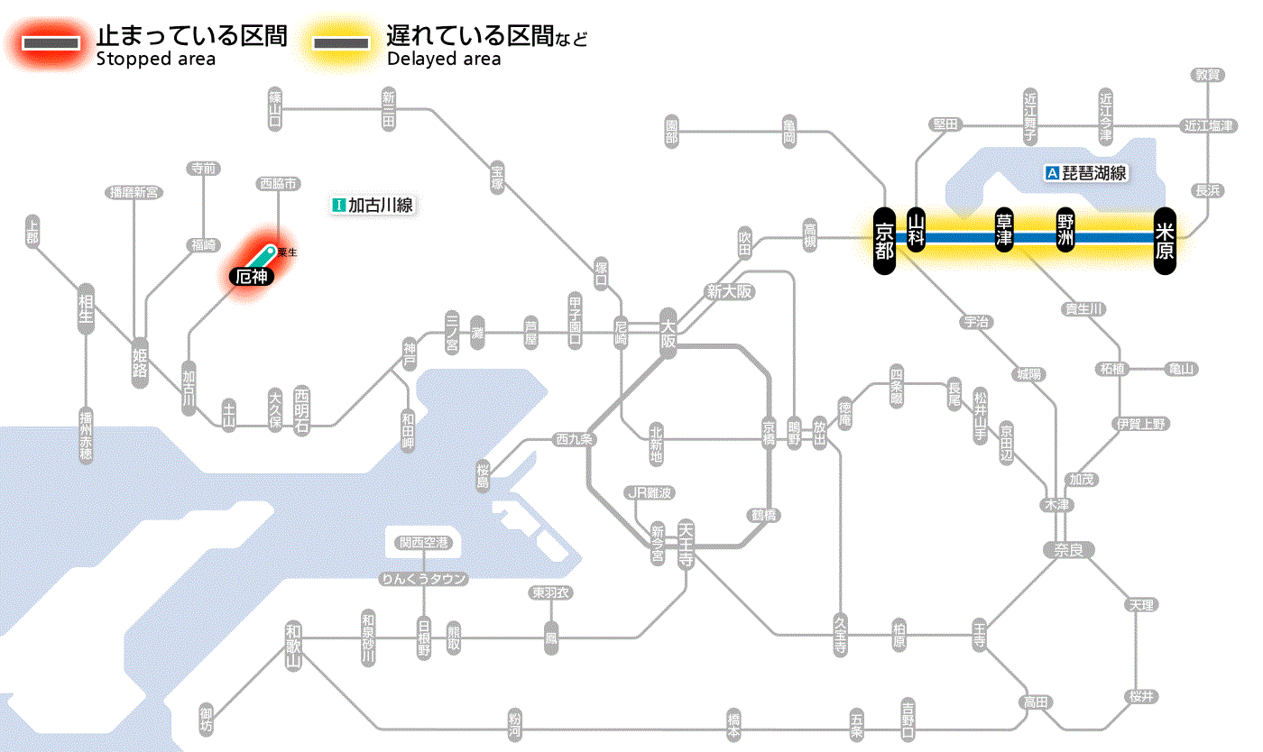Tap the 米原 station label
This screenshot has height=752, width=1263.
[x=1165, y=238]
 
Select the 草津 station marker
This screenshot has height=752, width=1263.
[x=1004, y=232]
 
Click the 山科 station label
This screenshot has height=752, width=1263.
[x=917, y=232]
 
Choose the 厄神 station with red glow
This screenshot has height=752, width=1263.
[x=251, y=278]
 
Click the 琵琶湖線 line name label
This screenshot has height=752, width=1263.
[x=1087, y=173]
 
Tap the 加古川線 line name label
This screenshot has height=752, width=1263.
[x=373, y=206]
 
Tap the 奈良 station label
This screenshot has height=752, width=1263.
[x=1068, y=550]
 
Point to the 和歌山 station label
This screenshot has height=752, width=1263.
[x=293, y=645]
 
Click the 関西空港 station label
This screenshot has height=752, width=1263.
[x=424, y=543]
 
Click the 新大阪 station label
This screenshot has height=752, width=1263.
[x=730, y=291]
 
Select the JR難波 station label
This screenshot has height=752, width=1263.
[x=650, y=492]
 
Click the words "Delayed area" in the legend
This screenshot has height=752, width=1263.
[x=444, y=60]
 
